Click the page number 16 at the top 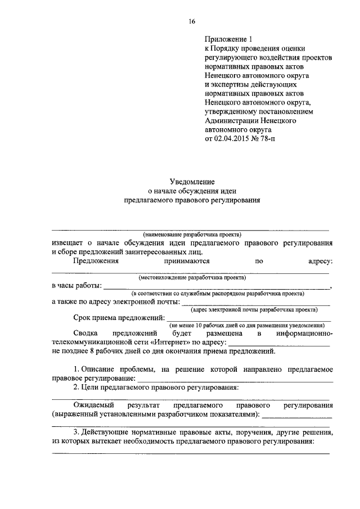coord(192,21)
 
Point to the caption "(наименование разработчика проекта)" coord(192,233)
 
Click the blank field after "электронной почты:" coord(255,302)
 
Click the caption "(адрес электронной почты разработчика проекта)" coord(254,309)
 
